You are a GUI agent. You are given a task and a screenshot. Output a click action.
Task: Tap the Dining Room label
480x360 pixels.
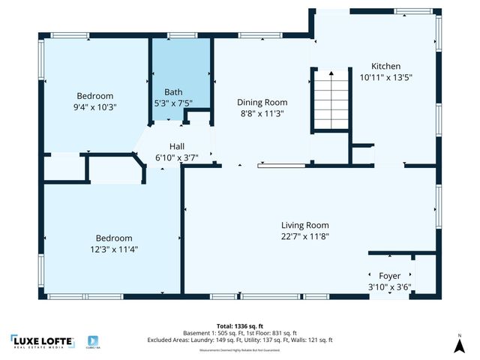(x=262, y=102)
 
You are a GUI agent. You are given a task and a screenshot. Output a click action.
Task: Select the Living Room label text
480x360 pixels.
(x=304, y=225)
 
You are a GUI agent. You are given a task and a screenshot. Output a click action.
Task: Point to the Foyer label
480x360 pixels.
(x=389, y=275)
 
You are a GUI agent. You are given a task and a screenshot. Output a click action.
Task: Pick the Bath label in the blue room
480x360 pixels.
(x=173, y=92)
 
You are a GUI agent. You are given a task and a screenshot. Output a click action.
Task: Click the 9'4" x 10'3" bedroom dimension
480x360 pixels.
(x=95, y=106)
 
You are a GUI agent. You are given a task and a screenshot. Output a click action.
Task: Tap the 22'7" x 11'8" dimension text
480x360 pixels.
(x=305, y=236)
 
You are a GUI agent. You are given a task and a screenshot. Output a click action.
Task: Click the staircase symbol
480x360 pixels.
(x=330, y=100)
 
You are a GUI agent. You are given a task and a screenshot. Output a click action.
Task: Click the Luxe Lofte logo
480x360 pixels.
(x=43, y=341)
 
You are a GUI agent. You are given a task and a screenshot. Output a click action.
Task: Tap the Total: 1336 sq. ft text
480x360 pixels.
(x=240, y=326)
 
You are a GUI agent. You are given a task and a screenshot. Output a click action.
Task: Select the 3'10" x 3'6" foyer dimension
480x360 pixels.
(x=389, y=286)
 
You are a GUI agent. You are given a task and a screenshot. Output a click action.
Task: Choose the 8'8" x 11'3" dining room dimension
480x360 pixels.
(x=262, y=113)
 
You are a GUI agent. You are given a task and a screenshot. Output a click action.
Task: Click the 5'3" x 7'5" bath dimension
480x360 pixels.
(x=173, y=103)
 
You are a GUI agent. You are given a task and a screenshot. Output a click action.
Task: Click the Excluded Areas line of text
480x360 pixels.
(x=240, y=340)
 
